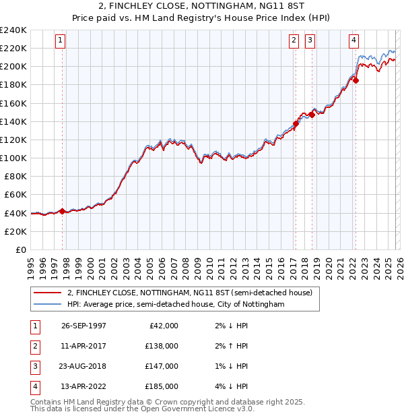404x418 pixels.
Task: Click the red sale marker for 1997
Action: [63, 211]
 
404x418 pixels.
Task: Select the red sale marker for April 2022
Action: [356, 80]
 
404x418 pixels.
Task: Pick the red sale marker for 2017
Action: [296, 123]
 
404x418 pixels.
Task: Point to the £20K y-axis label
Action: [15, 231]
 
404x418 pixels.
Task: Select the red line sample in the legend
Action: [47, 293]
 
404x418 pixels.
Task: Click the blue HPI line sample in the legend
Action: [47, 305]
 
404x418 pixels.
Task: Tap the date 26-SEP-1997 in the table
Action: [83, 326]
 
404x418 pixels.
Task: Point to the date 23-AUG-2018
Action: [83, 366]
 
